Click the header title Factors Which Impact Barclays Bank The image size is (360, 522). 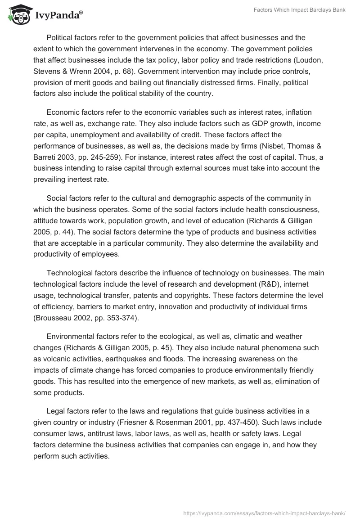[x=298, y=10]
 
